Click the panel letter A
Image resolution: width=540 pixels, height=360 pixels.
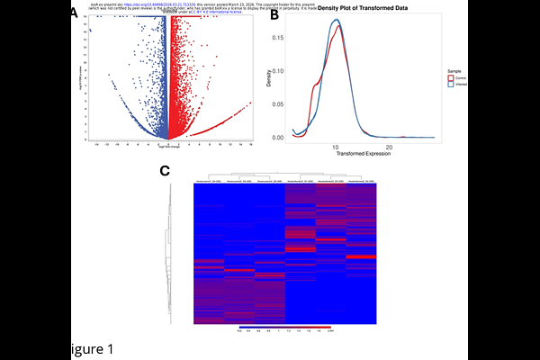pos(74,13)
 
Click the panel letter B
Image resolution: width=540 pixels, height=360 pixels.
pos(262,15)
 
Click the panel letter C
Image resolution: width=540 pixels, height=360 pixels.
pos(165,171)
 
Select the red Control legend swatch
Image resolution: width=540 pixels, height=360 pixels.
pos(450,78)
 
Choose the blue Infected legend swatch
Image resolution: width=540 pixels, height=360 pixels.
pos(450,85)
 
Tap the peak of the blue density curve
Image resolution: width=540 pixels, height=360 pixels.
pos(336,20)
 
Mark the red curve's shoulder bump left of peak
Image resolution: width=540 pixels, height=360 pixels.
pos(315,85)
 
